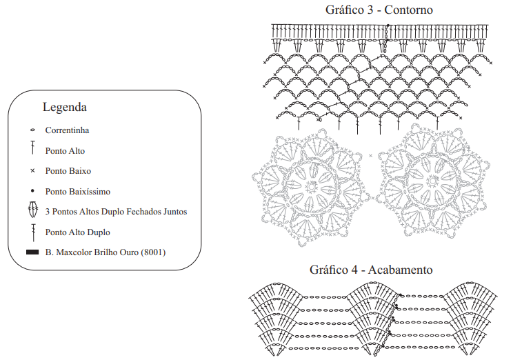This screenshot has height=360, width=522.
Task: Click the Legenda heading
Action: click(65, 107)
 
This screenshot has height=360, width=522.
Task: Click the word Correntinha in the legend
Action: click(68, 130)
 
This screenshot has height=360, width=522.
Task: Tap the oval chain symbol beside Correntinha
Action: click(32, 130)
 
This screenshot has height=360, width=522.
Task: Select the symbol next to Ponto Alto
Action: click(32, 148)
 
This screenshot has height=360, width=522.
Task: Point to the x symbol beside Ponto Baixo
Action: click(32, 171)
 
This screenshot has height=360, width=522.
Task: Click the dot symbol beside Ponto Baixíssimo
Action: click(32, 191)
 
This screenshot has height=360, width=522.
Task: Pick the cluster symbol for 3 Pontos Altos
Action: click(33, 210)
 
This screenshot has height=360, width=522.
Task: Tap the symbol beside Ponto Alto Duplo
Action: click(33, 232)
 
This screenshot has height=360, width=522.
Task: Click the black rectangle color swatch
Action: click(32, 252)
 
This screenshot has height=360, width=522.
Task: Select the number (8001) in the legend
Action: click(153, 252)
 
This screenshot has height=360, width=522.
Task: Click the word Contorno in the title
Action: click(408, 10)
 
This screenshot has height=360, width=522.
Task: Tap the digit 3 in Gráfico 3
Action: click(370, 10)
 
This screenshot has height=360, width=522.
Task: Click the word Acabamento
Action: click(400, 270)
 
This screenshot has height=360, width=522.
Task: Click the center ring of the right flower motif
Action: click(433, 181)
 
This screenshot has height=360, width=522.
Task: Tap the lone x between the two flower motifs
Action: click(370, 156)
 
